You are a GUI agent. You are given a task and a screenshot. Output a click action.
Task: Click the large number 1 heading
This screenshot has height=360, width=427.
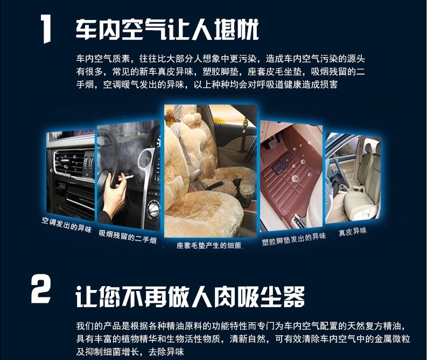coord(46,29)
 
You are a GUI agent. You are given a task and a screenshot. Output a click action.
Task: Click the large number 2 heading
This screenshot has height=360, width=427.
coord(40,289)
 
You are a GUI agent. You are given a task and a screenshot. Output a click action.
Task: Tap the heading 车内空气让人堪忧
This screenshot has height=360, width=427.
coord(167,29)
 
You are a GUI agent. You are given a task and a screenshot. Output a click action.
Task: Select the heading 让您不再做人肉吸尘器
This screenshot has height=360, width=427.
coord(190,296)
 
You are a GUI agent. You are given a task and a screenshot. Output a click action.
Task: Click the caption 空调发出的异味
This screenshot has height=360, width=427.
coord(66,225)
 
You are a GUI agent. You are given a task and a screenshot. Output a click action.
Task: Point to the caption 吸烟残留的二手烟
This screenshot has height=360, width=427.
coord(128,237)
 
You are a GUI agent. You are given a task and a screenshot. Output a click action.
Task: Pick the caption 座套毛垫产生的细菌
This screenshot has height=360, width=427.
coord(209,246)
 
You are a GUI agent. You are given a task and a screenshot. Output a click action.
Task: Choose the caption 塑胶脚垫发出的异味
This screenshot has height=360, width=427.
coord(294,239)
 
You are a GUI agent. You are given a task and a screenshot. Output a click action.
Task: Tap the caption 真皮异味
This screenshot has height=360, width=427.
coord(353,232)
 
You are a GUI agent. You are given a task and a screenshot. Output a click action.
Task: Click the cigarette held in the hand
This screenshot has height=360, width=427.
coord(126,178)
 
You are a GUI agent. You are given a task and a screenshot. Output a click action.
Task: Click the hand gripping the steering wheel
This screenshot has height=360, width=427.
coord(115,189)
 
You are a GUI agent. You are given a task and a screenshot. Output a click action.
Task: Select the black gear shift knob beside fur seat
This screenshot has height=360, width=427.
coord(237,184)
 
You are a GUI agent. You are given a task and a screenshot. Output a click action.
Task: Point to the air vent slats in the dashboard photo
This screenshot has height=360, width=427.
coord(70,162)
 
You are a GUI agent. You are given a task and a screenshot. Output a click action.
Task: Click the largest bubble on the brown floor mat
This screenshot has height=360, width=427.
coord(295,178)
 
